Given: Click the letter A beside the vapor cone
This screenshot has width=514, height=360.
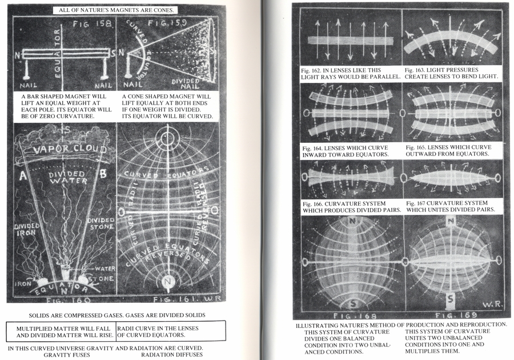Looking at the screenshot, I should tap(23, 176).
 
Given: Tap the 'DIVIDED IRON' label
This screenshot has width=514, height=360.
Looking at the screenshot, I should tap(27, 230).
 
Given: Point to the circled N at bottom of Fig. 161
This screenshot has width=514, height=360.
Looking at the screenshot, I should tap(167, 281).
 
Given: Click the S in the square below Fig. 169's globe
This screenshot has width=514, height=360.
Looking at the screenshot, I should tap(451, 298).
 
